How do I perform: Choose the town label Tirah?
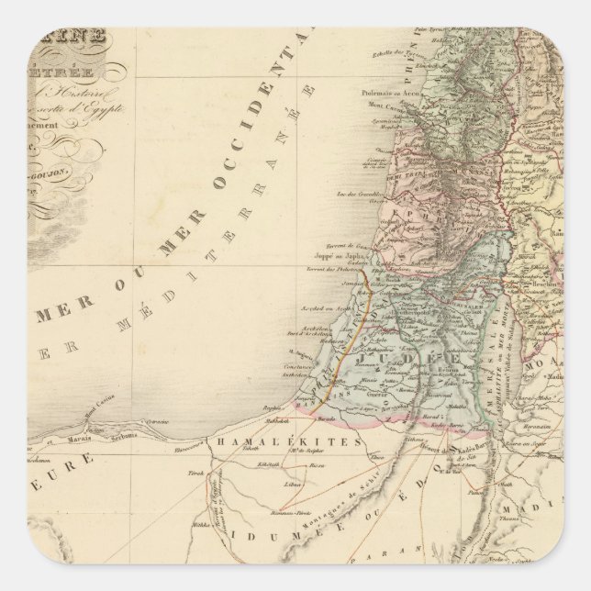point(195,472)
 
